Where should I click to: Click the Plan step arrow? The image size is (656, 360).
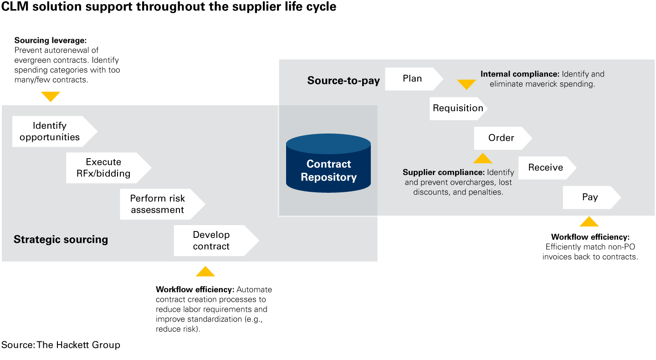(x=412, y=78)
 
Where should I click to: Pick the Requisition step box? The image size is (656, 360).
(x=457, y=108)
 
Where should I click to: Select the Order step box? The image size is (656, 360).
(x=501, y=138)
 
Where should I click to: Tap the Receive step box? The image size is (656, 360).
(x=546, y=167)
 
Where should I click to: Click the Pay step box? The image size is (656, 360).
(x=590, y=197)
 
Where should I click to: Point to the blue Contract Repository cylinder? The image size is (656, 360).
(x=328, y=164)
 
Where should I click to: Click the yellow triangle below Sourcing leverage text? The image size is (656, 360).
(x=51, y=96)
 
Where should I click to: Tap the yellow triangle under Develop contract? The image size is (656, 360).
(x=205, y=272)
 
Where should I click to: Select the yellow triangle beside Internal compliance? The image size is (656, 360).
(x=466, y=84)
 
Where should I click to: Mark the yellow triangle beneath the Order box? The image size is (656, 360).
(x=483, y=159)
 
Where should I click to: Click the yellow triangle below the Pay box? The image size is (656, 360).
(x=589, y=222)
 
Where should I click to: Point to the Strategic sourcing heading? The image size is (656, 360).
(x=61, y=239)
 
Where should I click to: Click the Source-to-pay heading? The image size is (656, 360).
(x=343, y=81)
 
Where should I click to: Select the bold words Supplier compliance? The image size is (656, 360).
(x=443, y=172)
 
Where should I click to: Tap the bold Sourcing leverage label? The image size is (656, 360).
(x=51, y=40)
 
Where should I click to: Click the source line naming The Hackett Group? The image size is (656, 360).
(x=61, y=345)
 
